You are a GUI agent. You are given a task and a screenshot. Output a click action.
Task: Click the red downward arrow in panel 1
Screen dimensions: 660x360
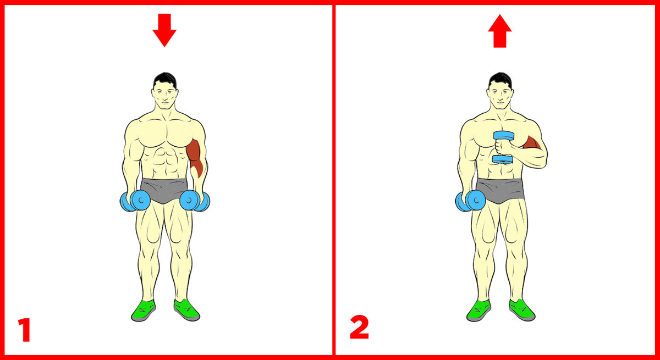click(x=164, y=30)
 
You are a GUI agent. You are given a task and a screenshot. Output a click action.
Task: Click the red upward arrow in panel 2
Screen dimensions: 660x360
click(x=500, y=31)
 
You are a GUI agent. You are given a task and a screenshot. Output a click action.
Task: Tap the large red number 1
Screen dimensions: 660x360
click(x=25, y=330)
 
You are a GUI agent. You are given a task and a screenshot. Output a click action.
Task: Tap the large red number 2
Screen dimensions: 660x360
click(x=359, y=328)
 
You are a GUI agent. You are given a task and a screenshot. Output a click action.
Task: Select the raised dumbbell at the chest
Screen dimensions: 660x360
click(x=504, y=147)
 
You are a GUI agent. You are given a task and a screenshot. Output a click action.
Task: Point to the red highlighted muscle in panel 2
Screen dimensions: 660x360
click(x=532, y=142)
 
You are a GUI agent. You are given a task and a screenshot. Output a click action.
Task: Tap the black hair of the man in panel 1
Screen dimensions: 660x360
click(x=165, y=80)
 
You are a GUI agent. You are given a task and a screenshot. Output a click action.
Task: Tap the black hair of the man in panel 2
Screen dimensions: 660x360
click(x=500, y=80)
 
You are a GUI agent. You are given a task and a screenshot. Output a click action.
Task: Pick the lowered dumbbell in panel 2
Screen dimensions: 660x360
click(x=470, y=201)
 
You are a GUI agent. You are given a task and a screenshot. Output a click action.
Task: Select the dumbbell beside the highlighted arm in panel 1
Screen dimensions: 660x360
click(x=195, y=201)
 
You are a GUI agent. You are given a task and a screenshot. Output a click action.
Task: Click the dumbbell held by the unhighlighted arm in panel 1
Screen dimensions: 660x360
click(x=135, y=201)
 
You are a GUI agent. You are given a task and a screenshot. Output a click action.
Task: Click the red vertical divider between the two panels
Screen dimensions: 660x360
click(x=334, y=180)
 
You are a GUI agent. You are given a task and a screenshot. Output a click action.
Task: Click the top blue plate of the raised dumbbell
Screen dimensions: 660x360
click(x=504, y=136)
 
